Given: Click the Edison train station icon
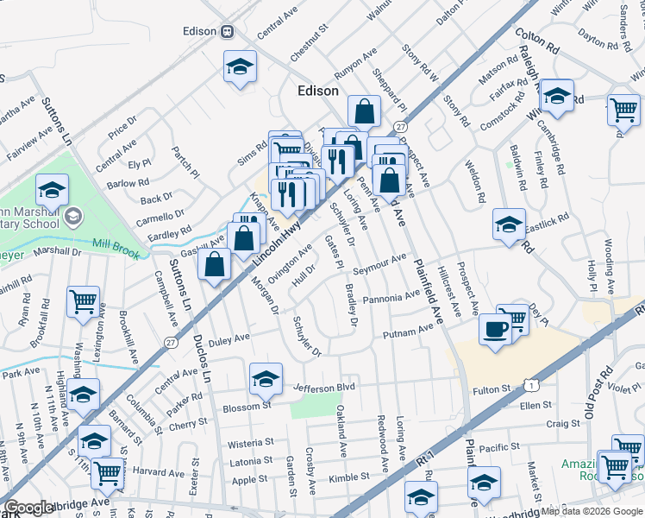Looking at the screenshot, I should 228,31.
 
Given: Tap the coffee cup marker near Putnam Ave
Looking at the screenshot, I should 495,329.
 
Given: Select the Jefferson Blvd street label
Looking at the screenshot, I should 324,388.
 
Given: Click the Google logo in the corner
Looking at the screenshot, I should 29,509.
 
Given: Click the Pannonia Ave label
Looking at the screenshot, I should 392,299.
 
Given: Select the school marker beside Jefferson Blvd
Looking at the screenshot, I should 266,377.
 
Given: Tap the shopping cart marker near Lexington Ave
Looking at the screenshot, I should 83,302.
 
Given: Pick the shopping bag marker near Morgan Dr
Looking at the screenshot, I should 214,263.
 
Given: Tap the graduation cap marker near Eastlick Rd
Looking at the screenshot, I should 509,224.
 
